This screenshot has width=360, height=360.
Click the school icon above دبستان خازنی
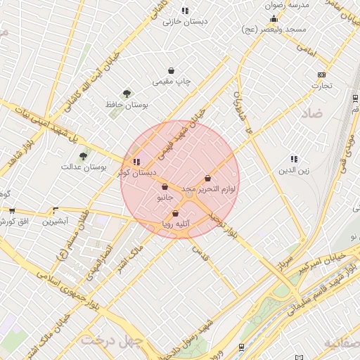click(x=185, y=11)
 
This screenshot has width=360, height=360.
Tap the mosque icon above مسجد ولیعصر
click(x=274, y=18)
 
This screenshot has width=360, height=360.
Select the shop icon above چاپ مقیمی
click(x=172, y=70)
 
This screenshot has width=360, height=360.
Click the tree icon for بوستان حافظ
click(x=127, y=93)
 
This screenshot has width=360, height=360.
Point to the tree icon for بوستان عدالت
click(x=83, y=155)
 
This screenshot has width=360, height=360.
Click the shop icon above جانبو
click(x=165, y=187)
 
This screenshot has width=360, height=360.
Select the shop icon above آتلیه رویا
click(x=175, y=214)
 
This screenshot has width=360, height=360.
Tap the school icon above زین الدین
click(x=293, y=159)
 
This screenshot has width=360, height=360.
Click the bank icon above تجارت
click(x=322, y=75)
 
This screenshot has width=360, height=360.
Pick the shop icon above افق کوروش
click(x=12, y=210)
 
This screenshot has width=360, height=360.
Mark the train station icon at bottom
click(x=242, y=347)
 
